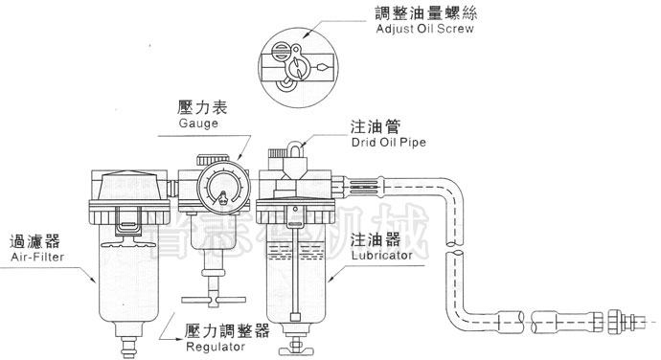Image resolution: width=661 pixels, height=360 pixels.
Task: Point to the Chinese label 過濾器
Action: (28, 241)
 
